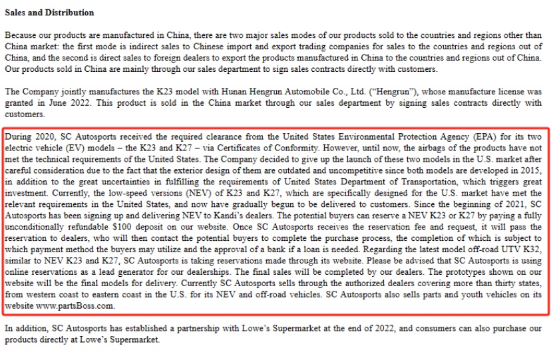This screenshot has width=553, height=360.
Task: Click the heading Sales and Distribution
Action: point(49,13)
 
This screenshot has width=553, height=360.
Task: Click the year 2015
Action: point(529,171)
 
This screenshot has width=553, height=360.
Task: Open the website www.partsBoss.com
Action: point(75,306)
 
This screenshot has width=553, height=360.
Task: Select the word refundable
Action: point(31,227)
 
